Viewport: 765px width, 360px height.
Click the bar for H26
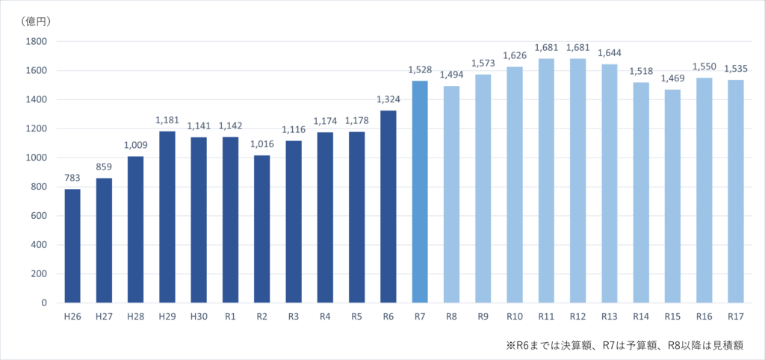(x=72, y=246)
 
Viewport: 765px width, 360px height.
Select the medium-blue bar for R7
(x=419, y=192)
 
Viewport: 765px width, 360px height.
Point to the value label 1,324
(x=388, y=99)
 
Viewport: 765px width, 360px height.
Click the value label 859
(x=104, y=167)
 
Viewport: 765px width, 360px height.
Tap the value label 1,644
(x=609, y=53)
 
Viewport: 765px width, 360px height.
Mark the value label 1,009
(x=135, y=145)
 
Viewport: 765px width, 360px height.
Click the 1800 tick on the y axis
(x=35, y=42)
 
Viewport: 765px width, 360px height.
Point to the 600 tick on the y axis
(x=38, y=216)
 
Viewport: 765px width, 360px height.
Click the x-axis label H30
(x=198, y=317)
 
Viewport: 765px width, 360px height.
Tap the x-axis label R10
(x=514, y=317)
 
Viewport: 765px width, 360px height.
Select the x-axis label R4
(x=325, y=317)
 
